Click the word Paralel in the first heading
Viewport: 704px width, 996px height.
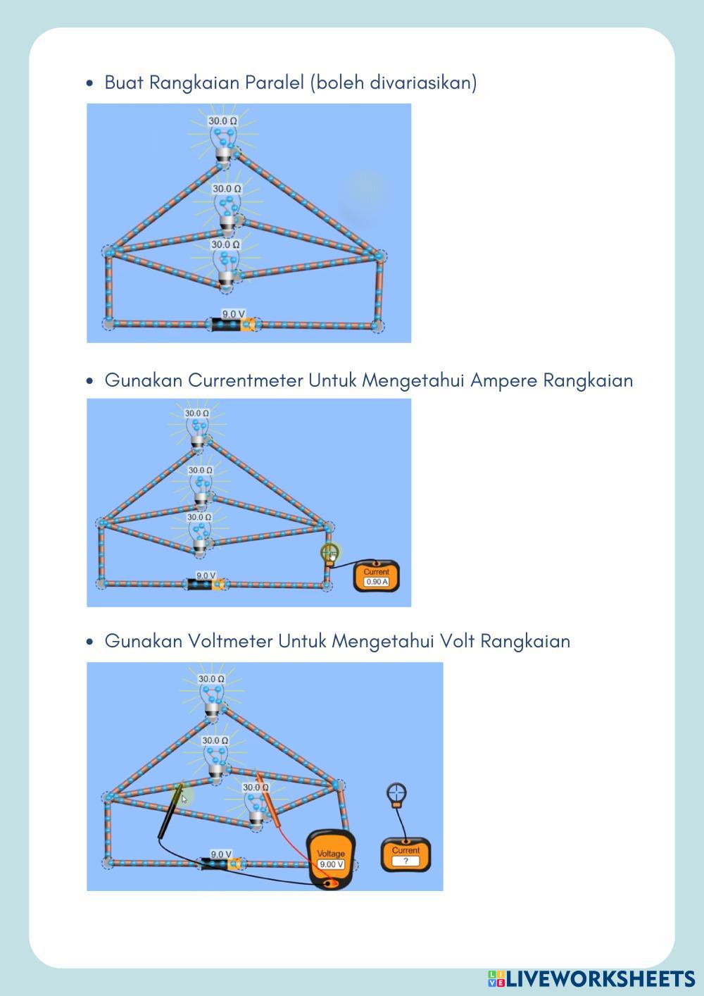275,82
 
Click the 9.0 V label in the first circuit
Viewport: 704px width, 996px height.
233,314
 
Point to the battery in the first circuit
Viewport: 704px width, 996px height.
233,324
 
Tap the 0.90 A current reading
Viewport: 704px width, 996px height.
377,582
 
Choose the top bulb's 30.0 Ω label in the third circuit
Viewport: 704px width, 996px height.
212,679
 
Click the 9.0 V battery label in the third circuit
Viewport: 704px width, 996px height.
221,854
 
